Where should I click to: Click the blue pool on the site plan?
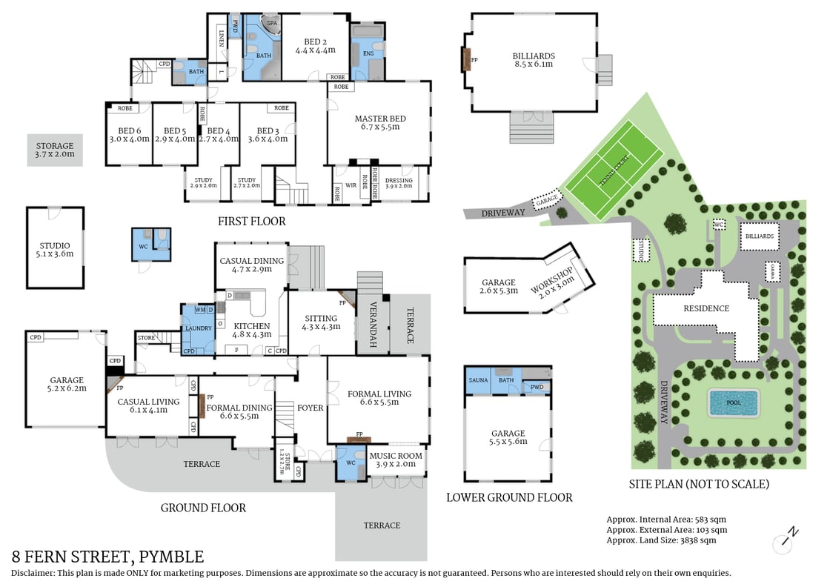click(733, 404)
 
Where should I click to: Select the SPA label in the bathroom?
click(272, 23)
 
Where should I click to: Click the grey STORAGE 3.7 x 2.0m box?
click(55, 150)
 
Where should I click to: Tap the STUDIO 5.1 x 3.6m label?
click(55, 250)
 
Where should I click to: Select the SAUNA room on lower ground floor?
click(479, 380)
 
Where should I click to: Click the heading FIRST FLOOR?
click(251, 221)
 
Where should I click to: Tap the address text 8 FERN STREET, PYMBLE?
click(107, 557)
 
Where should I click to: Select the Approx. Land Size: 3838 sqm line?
click(661, 540)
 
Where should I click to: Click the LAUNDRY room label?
click(198, 328)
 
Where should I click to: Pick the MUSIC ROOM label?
click(396, 456)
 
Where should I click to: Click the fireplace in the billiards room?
click(466, 59)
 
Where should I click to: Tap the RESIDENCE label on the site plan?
click(706, 308)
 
